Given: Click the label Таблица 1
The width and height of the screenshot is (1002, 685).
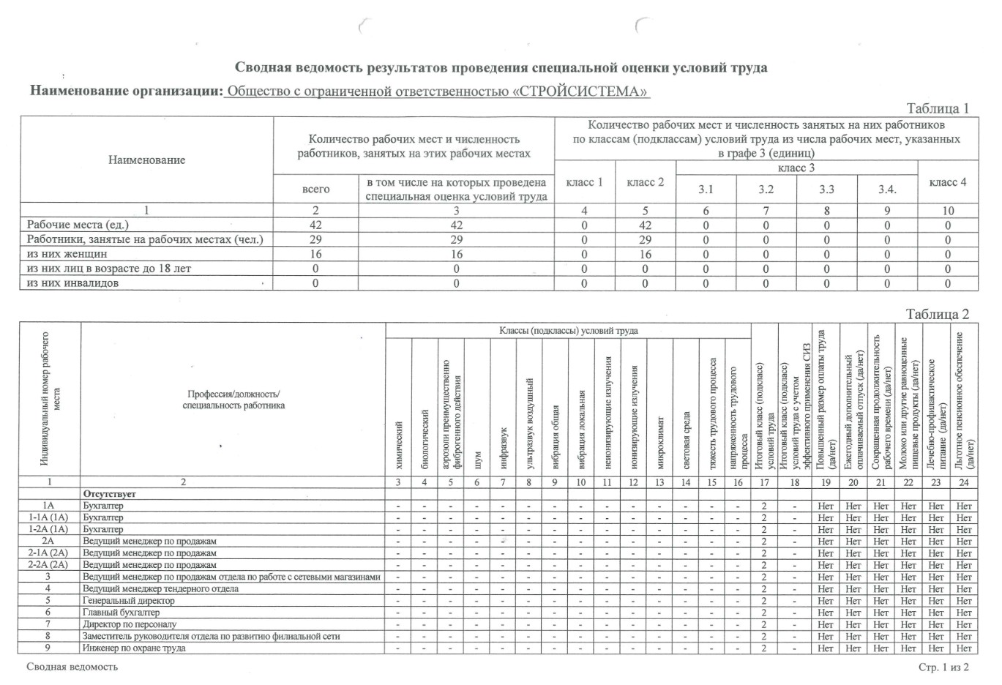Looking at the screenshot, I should (x=938, y=108).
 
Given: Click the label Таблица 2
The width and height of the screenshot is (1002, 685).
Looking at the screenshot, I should (x=938, y=314).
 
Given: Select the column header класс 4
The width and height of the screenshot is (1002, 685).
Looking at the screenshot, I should (x=948, y=181).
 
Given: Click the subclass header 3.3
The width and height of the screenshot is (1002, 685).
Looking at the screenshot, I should (x=827, y=189).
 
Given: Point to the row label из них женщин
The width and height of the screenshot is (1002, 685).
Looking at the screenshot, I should (x=67, y=254).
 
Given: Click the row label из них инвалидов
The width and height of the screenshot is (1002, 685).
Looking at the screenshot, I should (x=72, y=283).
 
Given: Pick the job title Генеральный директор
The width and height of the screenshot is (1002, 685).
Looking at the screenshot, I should (x=129, y=601).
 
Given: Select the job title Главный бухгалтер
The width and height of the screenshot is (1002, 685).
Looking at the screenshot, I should (x=121, y=613).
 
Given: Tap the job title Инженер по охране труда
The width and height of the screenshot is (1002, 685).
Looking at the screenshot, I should (x=134, y=648).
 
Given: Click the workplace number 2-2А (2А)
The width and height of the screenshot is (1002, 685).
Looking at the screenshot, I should (x=48, y=565).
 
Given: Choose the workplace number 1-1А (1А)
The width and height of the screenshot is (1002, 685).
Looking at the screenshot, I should (x=48, y=517).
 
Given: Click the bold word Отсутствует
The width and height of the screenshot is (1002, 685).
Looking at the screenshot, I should (x=109, y=494).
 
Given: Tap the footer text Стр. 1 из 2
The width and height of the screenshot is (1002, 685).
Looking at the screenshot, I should (x=944, y=667).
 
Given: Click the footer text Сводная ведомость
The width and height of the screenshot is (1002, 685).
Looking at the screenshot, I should (x=72, y=667).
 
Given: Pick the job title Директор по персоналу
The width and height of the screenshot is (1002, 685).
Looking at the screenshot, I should (x=130, y=624).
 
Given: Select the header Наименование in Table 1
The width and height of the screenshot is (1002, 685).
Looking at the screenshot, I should (x=146, y=160).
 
